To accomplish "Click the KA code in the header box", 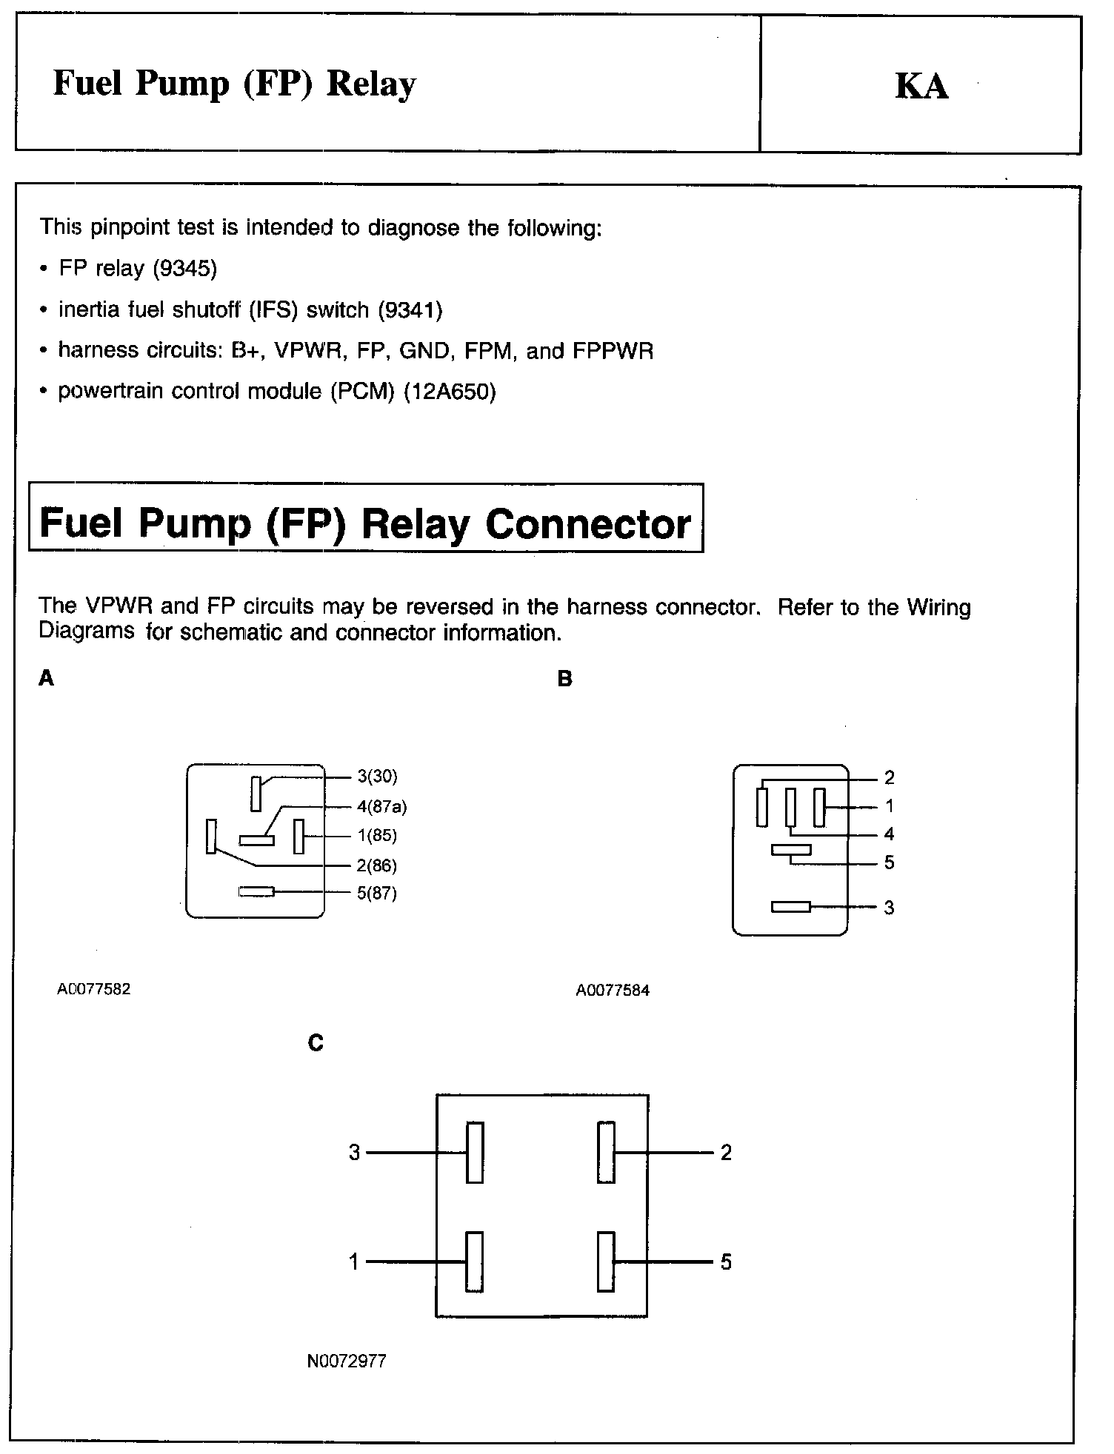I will [x=921, y=86].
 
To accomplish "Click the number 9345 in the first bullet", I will [x=185, y=268].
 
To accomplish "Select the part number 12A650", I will [x=450, y=391].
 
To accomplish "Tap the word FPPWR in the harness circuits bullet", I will [x=613, y=350].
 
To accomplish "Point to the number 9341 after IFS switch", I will [x=410, y=309].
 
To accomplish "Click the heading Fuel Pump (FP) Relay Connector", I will [x=365, y=523].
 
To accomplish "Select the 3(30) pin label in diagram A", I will [x=377, y=776].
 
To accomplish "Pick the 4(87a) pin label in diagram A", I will [x=381, y=806].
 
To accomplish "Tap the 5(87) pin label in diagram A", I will [x=376, y=894].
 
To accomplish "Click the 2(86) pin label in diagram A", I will [x=376, y=865].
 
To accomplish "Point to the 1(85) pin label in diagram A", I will [x=376, y=836].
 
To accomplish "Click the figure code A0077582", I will [x=94, y=989].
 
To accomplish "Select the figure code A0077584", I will [x=613, y=991].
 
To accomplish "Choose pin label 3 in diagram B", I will [x=889, y=908].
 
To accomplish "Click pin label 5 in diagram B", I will [x=889, y=862].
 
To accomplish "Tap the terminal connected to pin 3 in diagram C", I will [x=475, y=1153].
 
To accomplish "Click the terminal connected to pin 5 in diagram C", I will [x=606, y=1262].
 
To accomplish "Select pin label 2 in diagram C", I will [x=726, y=1153].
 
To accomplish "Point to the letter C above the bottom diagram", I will [x=316, y=1043].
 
